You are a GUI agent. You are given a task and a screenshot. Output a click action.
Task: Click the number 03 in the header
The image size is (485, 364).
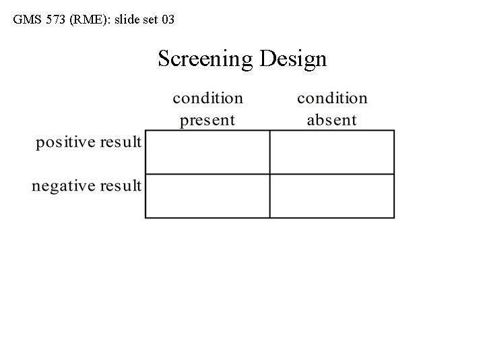(x=168, y=20)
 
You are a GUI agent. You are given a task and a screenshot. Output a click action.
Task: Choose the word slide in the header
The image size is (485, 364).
(x=129, y=20)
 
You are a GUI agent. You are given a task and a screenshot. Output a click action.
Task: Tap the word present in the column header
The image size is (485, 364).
(x=207, y=121)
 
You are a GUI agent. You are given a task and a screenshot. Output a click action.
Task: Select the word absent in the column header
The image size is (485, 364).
(x=331, y=121)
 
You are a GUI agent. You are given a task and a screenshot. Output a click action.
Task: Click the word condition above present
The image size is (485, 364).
(x=207, y=98)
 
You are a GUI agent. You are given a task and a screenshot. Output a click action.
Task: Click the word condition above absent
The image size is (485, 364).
(x=332, y=98)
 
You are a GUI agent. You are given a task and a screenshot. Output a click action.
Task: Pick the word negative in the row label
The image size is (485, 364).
(x=64, y=185)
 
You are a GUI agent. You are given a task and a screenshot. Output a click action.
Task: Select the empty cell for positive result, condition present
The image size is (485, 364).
(x=207, y=152)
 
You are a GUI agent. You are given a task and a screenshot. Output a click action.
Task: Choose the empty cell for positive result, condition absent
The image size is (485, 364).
(x=332, y=152)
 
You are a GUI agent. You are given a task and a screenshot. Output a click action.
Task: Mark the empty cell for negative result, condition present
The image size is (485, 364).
(x=207, y=196)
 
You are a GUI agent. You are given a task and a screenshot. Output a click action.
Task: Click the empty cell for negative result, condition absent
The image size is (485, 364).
(x=332, y=196)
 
